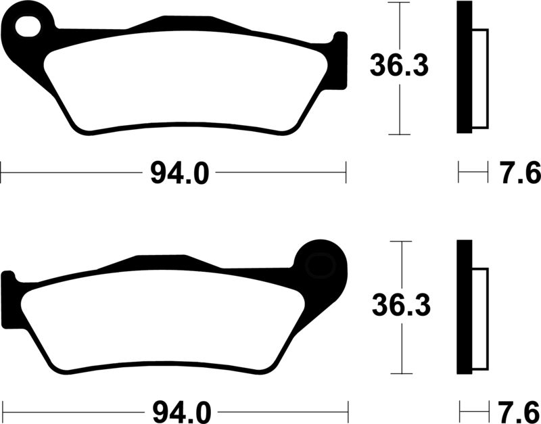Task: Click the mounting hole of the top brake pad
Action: [28, 26]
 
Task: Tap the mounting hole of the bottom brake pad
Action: [321, 266]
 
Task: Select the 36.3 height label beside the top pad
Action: [399, 65]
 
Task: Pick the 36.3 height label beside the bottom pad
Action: [401, 305]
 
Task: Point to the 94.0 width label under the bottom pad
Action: [182, 413]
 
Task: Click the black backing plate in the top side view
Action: [465, 67]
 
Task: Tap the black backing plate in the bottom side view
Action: [465, 307]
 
